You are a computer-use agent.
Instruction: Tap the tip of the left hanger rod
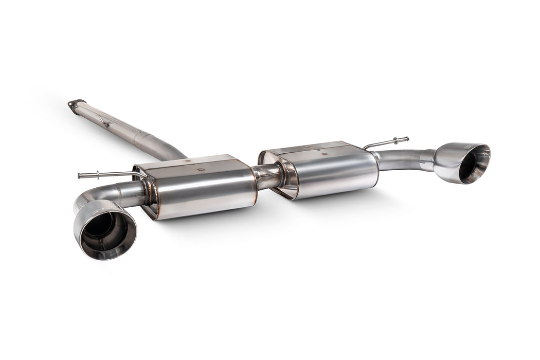coord(80,176)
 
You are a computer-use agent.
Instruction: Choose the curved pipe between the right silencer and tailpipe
coord(399,159)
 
